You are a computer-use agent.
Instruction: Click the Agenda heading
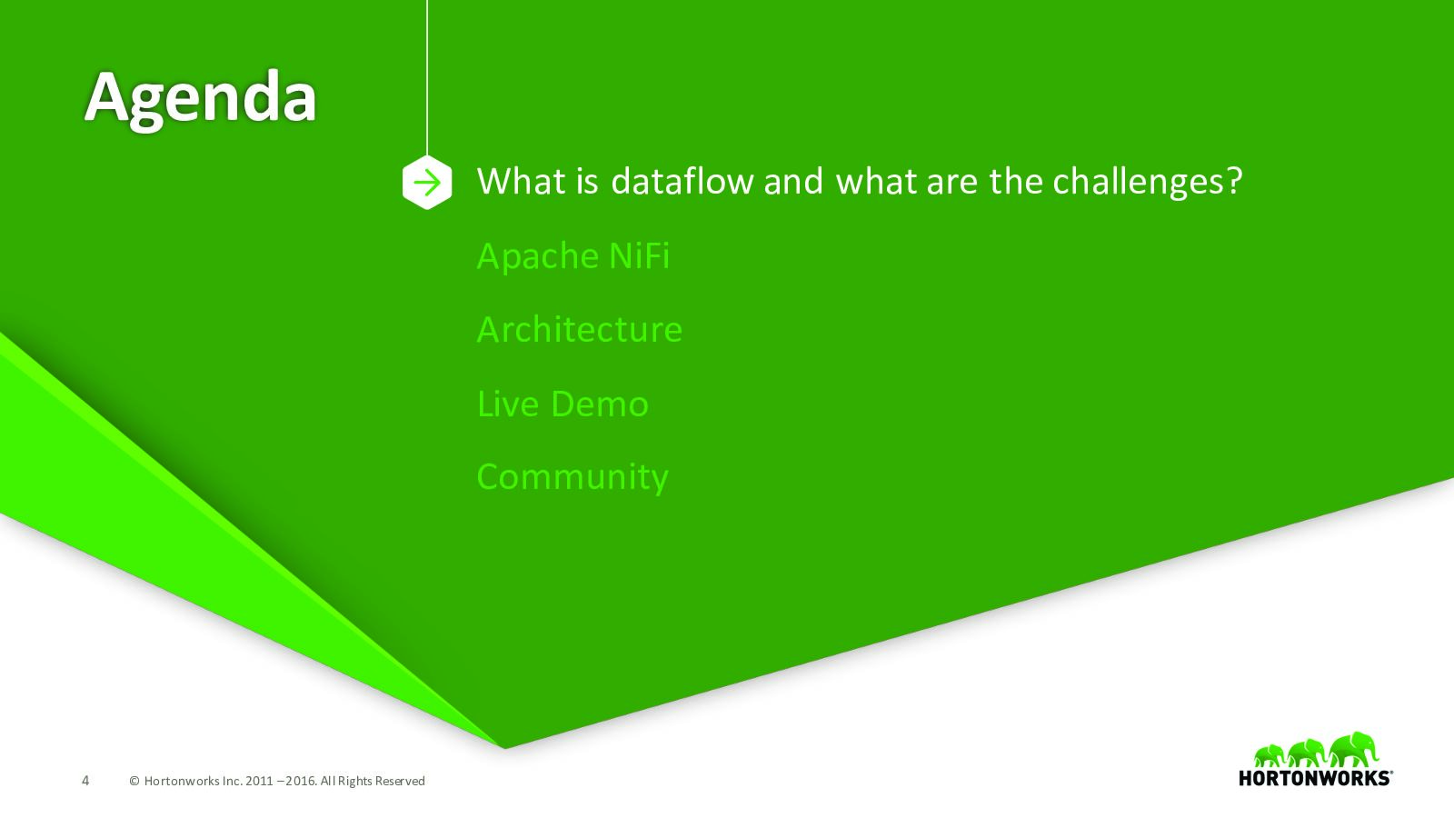pyautogui.click(x=200, y=99)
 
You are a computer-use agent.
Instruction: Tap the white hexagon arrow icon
pyautogui.click(x=427, y=183)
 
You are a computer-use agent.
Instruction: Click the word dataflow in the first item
pyautogui.click(x=682, y=181)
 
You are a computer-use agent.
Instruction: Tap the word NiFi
pyautogui.click(x=640, y=255)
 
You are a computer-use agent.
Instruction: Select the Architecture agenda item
pyautogui.click(x=580, y=329)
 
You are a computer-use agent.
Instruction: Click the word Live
pyautogui.click(x=508, y=404)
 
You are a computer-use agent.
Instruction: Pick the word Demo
pyautogui.click(x=600, y=404)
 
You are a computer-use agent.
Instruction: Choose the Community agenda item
pyautogui.click(x=573, y=478)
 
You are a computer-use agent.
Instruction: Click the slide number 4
pyautogui.click(x=85, y=781)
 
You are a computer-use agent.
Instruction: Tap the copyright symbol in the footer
pyautogui.click(x=134, y=781)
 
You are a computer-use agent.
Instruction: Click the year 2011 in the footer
pyautogui.click(x=259, y=781)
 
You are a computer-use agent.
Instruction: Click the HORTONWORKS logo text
pyautogui.click(x=1315, y=778)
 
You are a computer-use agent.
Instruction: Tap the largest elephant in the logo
pyautogui.click(x=1353, y=749)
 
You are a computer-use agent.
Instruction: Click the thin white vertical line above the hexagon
pyautogui.click(x=427, y=77)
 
